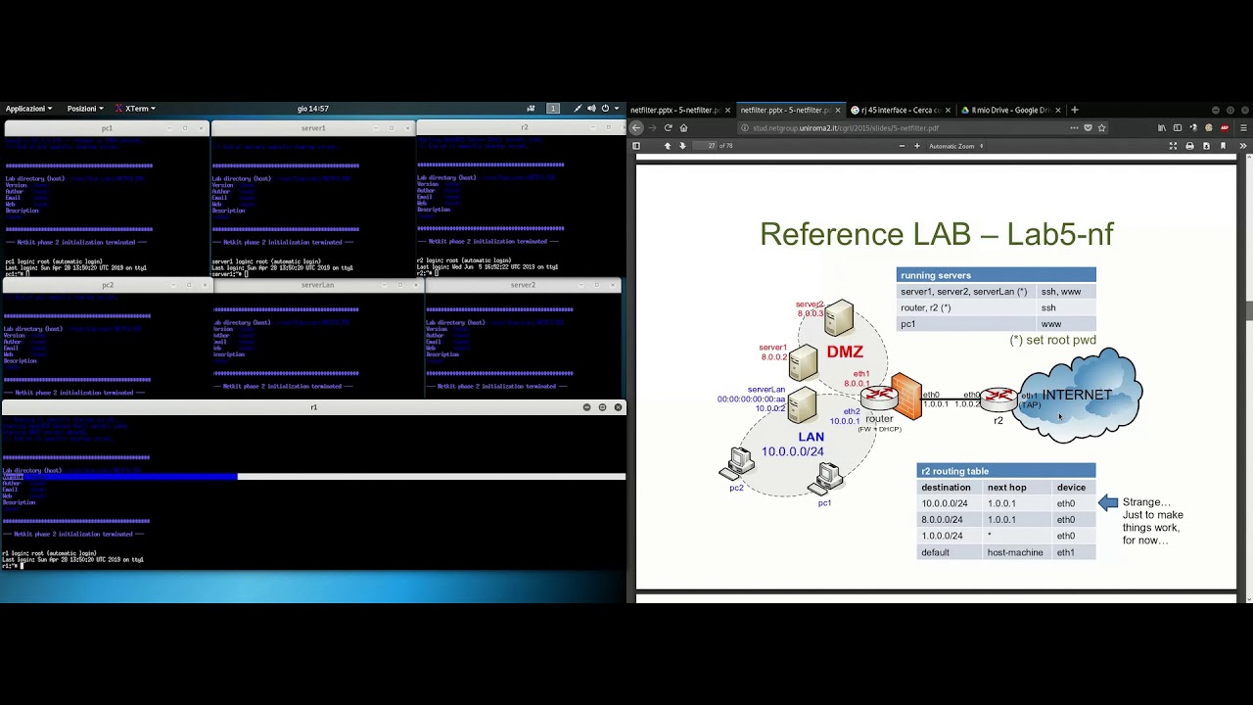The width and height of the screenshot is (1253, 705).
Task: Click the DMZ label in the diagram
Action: click(844, 352)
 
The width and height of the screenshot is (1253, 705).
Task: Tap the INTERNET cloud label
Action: click(1076, 395)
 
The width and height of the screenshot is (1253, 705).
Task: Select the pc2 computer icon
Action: click(740, 462)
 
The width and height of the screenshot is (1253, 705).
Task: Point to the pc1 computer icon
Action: click(828, 478)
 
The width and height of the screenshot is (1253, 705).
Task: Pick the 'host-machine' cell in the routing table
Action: click(1015, 552)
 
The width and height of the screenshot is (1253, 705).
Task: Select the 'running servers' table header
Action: click(936, 275)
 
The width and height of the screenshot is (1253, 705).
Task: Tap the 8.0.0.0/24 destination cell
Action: click(942, 520)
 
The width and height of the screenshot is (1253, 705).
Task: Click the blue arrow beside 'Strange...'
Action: click(1108, 502)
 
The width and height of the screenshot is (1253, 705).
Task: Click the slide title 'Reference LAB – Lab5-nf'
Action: click(936, 234)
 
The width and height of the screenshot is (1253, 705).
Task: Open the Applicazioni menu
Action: click(28, 109)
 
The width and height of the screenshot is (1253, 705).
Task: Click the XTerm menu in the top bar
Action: click(136, 109)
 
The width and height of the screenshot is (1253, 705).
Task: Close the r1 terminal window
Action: click(618, 407)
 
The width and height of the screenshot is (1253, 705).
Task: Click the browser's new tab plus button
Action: click(1074, 110)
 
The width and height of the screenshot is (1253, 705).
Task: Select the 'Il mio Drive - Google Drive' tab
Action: click(1008, 110)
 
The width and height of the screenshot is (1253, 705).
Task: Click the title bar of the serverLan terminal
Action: click(317, 285)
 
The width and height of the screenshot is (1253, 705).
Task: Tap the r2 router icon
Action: click(998, 398)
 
